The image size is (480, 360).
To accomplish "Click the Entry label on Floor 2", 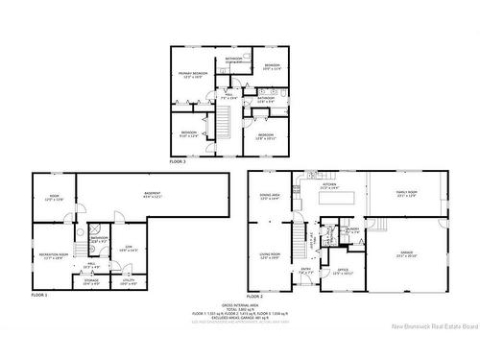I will tap(306, 272).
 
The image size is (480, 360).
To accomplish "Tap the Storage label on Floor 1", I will tap(92, 281).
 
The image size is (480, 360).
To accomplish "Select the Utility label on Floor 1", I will tap(129, 281).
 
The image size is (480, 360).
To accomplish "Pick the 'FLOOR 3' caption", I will tap(179, 161).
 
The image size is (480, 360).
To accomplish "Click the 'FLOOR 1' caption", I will tap(38, 295).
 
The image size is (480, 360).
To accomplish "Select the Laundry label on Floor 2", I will tap(352, 229).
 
